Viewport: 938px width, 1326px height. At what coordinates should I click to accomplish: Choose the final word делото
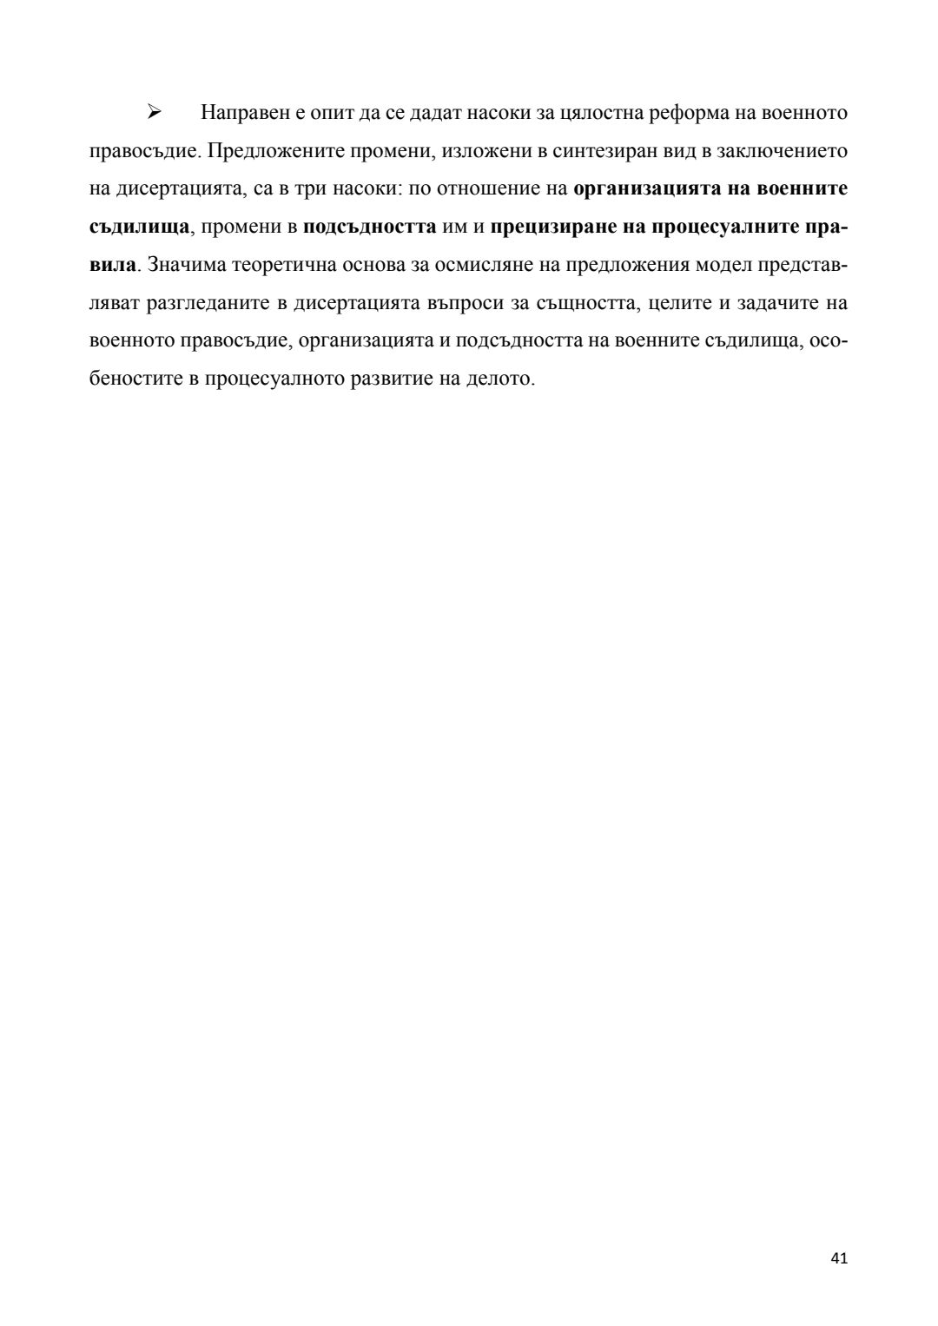click(x=504, y=379)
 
